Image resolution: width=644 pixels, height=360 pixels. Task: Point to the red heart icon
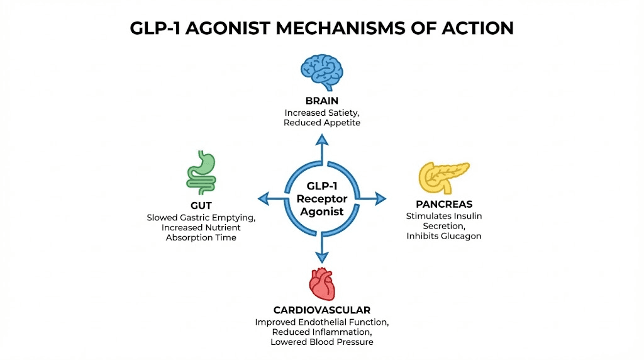[x=321, y=284]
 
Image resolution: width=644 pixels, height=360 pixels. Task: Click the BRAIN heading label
[x=321, y=101]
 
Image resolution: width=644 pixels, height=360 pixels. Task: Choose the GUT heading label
[x=201, y=206]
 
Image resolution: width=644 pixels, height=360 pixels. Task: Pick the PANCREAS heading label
[x=444, y=205]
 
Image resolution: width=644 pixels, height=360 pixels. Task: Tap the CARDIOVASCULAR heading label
[x=321, y=310]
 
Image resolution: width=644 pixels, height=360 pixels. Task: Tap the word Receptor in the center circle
[x=321, y=199]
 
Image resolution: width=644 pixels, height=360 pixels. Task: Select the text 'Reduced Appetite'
[x=321, y=123]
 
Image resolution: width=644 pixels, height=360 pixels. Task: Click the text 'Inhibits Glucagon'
[x=443, y=236]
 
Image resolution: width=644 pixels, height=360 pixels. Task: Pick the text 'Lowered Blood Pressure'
[x=321, y=342]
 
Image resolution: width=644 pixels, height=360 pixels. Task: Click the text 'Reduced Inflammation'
[x=321, y=332]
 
